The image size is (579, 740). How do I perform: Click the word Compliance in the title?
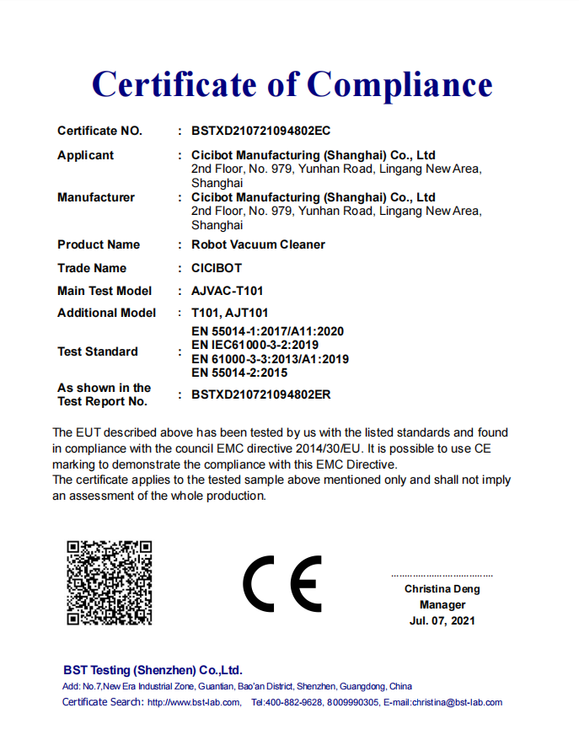[x=399, y=84]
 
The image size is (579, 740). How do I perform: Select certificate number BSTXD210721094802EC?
[x=261, y=131]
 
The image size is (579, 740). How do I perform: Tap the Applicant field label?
[x=85, y=156]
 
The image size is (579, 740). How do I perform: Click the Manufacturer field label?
[x=96, y=198]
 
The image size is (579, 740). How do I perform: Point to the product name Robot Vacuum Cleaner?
[x=258, y=245]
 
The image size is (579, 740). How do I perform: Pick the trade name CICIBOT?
[x=217, y=269]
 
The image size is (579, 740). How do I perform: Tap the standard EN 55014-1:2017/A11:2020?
[x=268, y=332]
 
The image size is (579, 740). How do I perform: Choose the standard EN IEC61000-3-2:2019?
[x=255, y=346]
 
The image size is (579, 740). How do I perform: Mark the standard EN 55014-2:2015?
[x=239, y=373]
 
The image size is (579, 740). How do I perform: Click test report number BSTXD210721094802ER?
[x=261, y=394]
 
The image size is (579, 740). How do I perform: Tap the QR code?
[x=110, y=582]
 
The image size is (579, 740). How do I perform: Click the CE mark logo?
[x=282, y=583]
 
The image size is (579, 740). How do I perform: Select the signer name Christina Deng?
[x=442, y=589]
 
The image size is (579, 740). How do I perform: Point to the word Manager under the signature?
[x=442, y=605]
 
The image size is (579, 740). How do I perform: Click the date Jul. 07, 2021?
[x=442, y=621]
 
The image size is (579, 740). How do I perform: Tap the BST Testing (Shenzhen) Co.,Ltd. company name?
[x=153, y=670]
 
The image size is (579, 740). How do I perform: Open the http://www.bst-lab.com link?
[x=193, y=703]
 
